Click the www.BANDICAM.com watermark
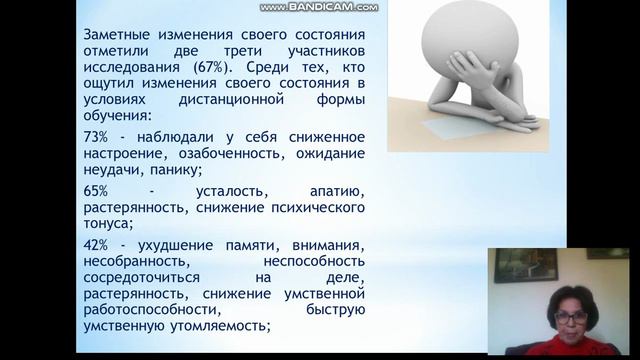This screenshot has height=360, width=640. [319, 7]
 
